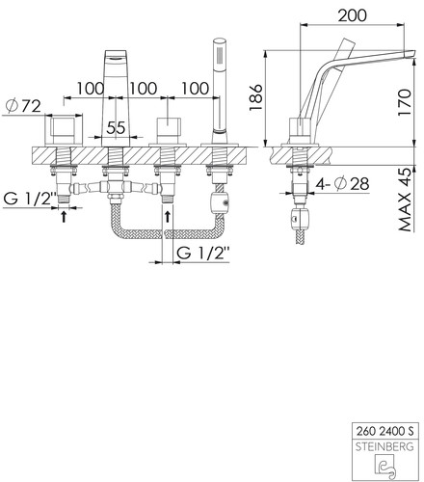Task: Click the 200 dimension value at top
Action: click(x=352, y=15)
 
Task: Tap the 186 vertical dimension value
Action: click(x=256, y=97)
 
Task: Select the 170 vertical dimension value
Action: click(x=405, y=102)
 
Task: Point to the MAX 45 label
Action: click(x=405, y=200)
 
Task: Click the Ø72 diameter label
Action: click(x=23, y=106)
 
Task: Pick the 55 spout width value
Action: click(x=116, y=128)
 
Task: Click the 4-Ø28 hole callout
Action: click(x=342, y=184)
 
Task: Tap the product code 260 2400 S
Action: click(x=384, y=431)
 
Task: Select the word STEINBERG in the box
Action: click(x=384, y=446)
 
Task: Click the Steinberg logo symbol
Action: click(x=385, y=465)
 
